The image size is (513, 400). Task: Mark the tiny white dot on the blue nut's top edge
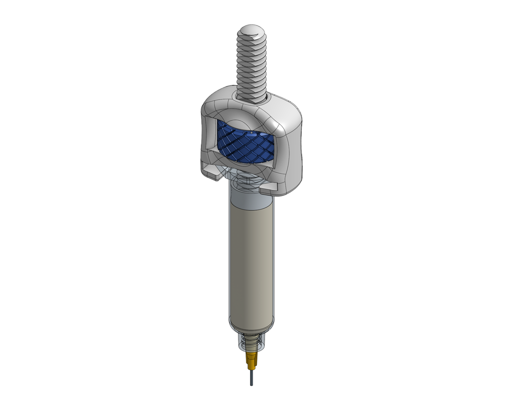251,132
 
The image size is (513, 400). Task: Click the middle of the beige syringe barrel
251,260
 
